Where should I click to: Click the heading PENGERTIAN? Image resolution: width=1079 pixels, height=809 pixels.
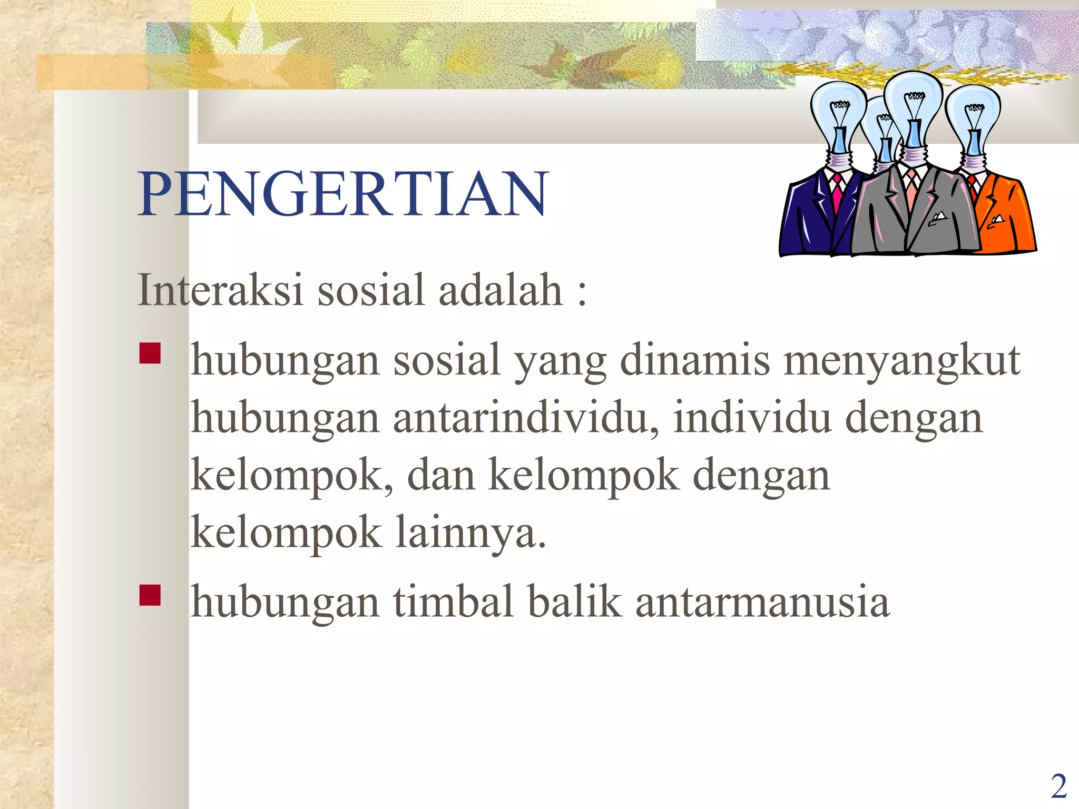343,194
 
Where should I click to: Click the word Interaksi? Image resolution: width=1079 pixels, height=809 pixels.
220,290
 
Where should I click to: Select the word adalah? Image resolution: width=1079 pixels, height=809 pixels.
501,290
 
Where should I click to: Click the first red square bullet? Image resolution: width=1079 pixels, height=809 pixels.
150,354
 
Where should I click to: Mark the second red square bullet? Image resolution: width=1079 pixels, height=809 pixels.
150,596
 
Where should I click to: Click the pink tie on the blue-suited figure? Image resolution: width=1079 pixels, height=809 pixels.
837,195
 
